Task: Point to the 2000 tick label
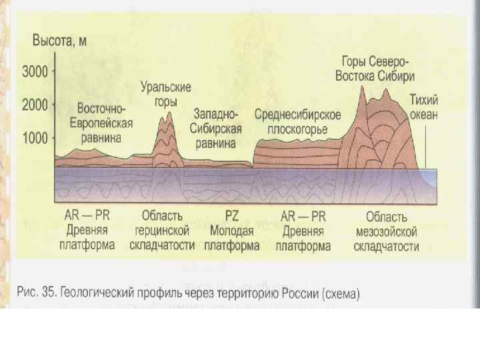pos(36,105)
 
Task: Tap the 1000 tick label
pos(36,138)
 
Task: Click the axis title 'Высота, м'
pos(60,41)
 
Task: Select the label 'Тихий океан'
pos(424,107)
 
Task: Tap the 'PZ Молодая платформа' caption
pos(231,231)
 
